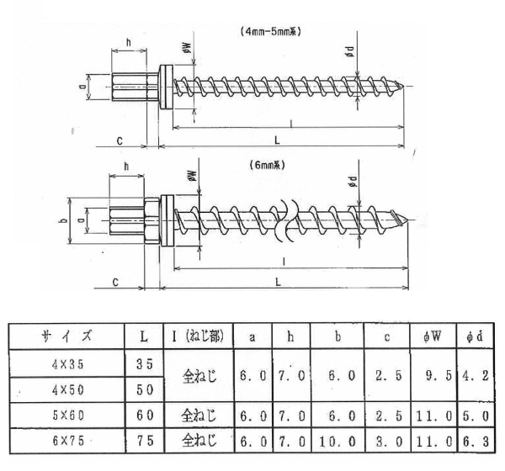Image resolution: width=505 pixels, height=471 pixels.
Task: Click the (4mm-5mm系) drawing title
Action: pyautogui.click(x=271, y=32)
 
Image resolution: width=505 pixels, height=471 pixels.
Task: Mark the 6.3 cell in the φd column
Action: pyautogui.click(x=476, y=442)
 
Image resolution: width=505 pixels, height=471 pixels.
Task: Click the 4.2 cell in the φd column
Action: pyautogui.click(x=476, y=376)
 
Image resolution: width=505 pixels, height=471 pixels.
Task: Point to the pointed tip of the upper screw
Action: pyautogui.click(x=409, y=86)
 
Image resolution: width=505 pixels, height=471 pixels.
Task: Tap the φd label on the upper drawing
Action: pyautogui.click(x=348, y=51)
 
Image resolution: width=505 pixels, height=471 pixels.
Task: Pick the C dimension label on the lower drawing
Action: pyautogui.click(x=114, y=283)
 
